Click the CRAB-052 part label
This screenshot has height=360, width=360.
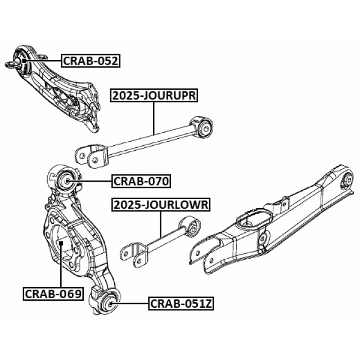coord(91,60)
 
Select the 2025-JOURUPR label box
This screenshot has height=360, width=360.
coord(154,96)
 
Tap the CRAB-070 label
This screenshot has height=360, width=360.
coord(141,181)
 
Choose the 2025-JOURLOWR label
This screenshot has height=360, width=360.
coord(161,205)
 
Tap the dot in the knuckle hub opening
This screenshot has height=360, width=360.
coord(60,243)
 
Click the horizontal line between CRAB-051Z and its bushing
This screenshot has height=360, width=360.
coord(132,303)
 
